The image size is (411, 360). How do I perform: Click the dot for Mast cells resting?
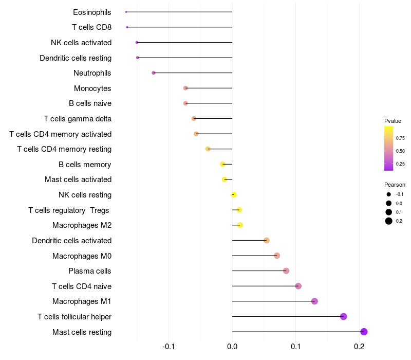coord(364,332)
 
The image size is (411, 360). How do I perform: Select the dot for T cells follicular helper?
coord(344,316)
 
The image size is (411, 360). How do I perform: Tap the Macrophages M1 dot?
coord(314,301)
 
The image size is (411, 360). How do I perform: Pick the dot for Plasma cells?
coord(286,271)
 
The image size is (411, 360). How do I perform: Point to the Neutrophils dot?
coord(154,73)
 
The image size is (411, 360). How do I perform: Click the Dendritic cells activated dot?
coord(266,240)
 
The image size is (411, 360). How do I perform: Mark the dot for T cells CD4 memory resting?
coord(208,149)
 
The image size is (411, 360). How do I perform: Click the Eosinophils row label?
coord(92,12)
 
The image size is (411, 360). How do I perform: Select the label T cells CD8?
coord(91,27)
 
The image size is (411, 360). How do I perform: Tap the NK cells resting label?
coord(85,195)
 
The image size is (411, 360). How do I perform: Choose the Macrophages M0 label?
coord(82,256)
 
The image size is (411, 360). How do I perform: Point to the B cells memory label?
coord(85,165)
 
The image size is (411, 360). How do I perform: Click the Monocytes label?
coord(92,88)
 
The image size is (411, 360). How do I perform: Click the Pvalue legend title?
coord(393,121)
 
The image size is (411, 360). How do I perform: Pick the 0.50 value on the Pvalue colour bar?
coord(400,151)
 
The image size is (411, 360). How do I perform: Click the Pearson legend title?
coord(395,185)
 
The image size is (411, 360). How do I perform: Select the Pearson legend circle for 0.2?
coord(389,221)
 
